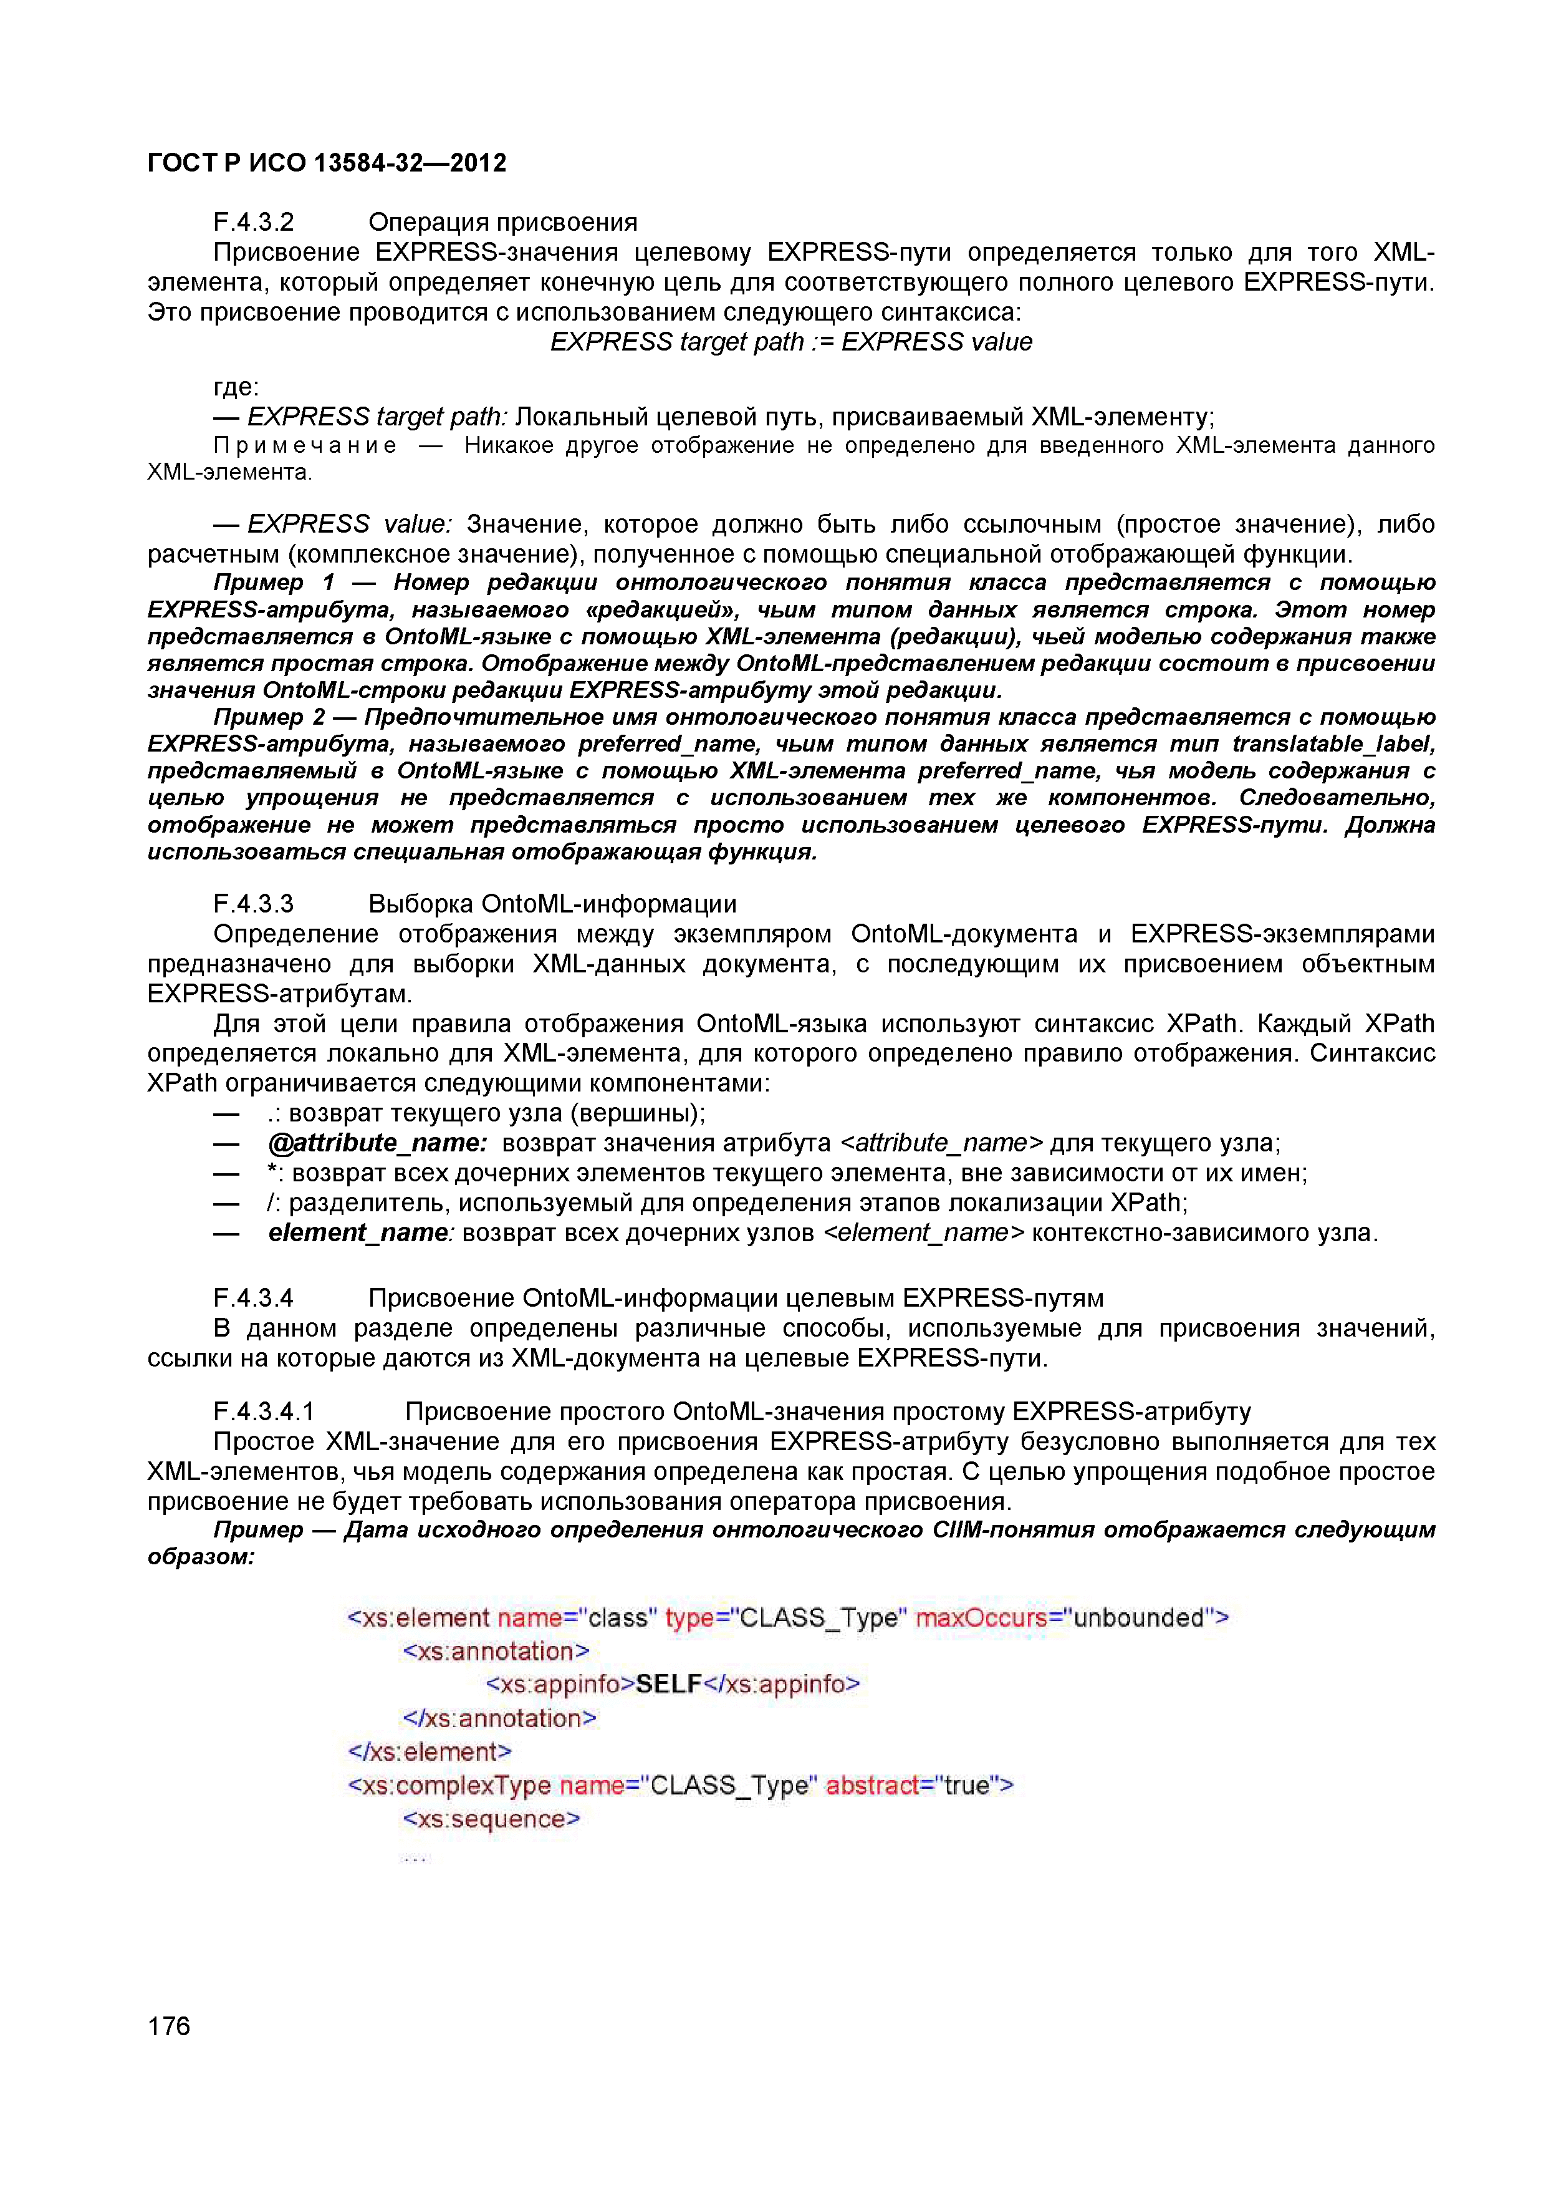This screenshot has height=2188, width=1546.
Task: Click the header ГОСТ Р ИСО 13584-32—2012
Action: pos(327,163)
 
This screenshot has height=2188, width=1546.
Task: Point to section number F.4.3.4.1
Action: pos(264,1411)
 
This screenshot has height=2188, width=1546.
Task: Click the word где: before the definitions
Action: pos(235,387)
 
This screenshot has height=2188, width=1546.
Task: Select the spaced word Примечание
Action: pos(305,445)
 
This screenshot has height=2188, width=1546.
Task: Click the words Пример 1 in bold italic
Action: pos(274,583)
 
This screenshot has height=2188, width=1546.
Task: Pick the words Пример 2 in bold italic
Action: pos(269,717)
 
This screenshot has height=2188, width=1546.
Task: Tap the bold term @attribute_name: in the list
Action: pos(378,1143)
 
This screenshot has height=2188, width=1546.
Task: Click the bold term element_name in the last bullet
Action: pos(358,1232)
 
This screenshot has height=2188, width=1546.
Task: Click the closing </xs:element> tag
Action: pos(430,1751)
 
